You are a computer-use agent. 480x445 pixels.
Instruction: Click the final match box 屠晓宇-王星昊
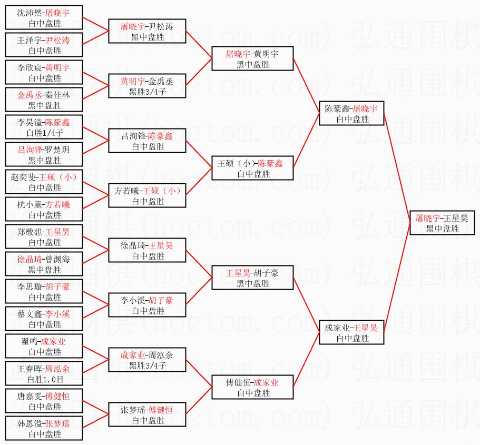click(x=442, y=223)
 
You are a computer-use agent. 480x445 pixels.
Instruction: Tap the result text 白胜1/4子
click(x=44, y=133)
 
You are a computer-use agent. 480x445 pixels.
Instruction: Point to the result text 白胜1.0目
click(x=44, y=379)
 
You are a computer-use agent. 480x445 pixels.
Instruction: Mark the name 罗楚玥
click(x=57, y=150)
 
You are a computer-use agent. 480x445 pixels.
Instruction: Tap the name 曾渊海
click(x=57, y=259)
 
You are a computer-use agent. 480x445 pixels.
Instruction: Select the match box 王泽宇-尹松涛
click(x=44, y=45)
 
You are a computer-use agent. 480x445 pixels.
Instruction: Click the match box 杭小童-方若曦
click(x=44, y=210)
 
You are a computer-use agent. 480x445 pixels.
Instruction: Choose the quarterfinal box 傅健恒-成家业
click(x=252, y=388)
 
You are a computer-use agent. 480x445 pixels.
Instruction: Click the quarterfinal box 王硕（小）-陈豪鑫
click(x=252, y=169)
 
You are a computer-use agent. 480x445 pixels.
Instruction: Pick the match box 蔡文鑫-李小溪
click(x=44, y=319)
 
